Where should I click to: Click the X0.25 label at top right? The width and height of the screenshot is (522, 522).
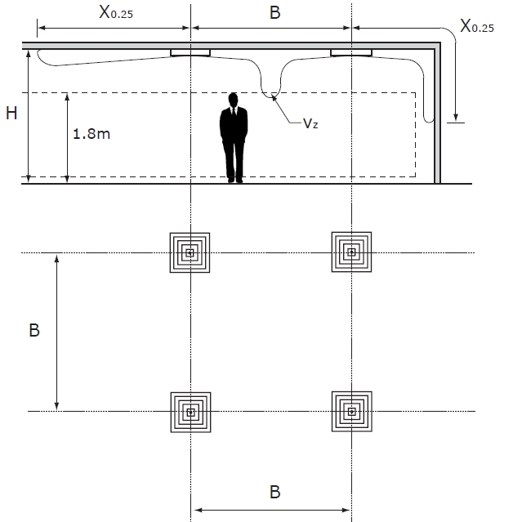(x=477, y=27)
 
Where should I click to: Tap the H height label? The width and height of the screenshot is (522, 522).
(x=11, y=114)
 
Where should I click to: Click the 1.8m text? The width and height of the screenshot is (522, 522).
(x=91, y=133)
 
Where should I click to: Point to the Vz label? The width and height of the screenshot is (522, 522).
(x=310, y=123)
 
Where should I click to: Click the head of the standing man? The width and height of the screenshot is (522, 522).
(x=234, y=100)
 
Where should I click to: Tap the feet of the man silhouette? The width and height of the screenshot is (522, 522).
(x=234, y=178)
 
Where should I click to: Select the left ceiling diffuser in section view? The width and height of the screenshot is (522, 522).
(x=190, y=53)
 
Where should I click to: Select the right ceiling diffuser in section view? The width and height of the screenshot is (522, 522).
(x=351, y=53)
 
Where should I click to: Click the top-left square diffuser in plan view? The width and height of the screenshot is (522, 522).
(x=190, y=252)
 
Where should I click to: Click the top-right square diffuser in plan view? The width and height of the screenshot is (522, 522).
(x=351, y=252)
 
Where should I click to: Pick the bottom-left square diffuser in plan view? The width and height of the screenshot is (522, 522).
(x=190, y=412)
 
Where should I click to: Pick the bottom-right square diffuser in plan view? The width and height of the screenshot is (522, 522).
(x=351, y=412)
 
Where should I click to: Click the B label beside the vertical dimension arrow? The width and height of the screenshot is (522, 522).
(x=34, y=331)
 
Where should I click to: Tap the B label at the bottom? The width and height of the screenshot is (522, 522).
(x=274, y=491)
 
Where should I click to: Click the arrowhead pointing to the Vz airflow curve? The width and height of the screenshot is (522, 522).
(x=274, y=99)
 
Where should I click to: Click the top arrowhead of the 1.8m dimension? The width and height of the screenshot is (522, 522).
(x=68, y=96)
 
